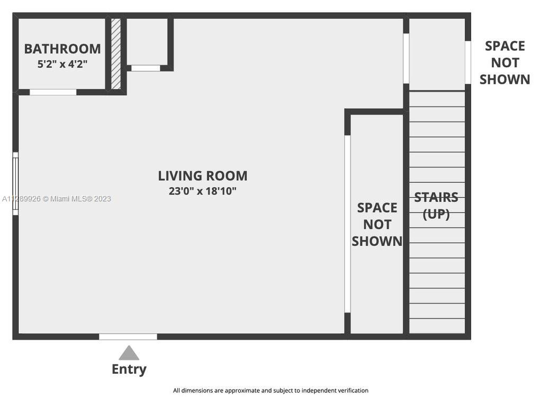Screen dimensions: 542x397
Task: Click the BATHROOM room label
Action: point(62,49)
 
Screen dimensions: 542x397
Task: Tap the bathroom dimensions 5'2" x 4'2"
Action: point(62,64)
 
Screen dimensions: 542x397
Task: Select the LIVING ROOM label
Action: point(203,176)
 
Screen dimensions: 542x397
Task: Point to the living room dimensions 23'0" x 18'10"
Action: point(203,191)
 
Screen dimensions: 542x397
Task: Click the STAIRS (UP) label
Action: point(436,206)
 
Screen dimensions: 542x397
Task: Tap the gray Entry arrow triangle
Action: point(129,353)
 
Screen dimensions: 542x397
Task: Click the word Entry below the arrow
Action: point(129,369)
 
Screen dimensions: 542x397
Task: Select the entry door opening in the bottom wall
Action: point(128,337)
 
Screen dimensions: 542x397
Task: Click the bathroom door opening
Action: point(53,92)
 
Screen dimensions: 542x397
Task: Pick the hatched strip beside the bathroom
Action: point(116,54)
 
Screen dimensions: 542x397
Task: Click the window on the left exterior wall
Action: point(15,183)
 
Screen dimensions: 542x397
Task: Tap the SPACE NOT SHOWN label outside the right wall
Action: point(504,63)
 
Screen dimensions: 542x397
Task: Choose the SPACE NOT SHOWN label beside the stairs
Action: point(377,224)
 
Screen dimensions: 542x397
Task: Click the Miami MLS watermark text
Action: point(57,199)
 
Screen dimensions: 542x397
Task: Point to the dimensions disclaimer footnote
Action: point(270,391)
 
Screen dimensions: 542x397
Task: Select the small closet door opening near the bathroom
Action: point(146,68)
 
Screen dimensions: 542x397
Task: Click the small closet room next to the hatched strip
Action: point(147,41)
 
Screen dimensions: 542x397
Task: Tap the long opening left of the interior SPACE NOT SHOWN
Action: point(347,224)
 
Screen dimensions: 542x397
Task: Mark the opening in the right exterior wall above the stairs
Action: point(468,63)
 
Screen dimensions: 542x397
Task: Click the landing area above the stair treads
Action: point(437,55)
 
